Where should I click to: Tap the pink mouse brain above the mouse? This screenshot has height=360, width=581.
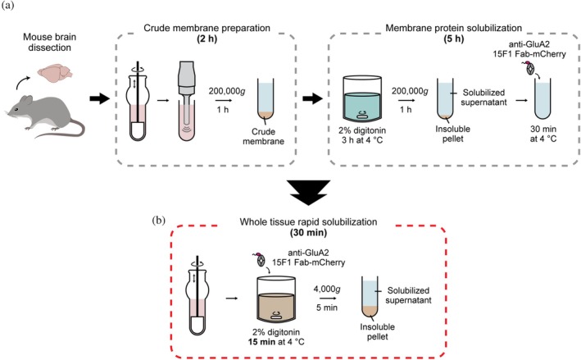pyautogui.click(x=55, y=71)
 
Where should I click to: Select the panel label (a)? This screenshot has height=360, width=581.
pyautogui.click(x=7, y=7)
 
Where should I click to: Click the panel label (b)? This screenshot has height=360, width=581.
pyautogui.click(x=159, y=221)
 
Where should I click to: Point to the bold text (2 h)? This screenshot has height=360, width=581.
pyautogui.click(x=207, y=39)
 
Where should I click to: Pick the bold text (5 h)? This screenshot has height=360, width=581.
pyautogui.click(x=453, y=39)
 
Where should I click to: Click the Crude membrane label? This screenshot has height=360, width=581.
pyautogui.click(x=263, y=136)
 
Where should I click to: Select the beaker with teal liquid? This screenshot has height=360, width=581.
pyautogui.click(x=362, y=98)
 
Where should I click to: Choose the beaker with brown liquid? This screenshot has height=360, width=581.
pyautogui.click(x=276, y=299)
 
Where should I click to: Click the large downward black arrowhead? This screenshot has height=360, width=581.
pyautogui.click(x=308, y=193)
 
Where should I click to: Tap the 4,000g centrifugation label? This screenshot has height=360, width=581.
pyautogui.click(x=327, y=289)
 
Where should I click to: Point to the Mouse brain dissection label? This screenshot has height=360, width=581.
pyautogui.click(x=50, y=43)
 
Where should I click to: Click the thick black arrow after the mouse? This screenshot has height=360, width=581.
pyautogui.click(x=100, y=99)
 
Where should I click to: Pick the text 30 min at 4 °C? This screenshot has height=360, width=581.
pyautogui.click(x=543, y=134)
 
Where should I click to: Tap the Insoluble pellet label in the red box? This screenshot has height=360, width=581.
pyautogui.click(x=378, y=332)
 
